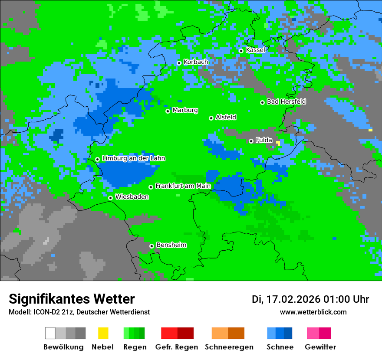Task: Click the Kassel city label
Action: click(255, 50)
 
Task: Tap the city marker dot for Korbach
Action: click(179, 63)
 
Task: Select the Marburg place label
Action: click(185, 110)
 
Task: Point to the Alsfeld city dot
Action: click(211, 118)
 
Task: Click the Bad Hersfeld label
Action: click(286, 101)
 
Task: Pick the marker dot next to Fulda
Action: click(251, 141)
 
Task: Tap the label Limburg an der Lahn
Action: click(133, 158)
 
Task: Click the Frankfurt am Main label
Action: click(183, 186)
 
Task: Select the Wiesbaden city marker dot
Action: click(110, 198)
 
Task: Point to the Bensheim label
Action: click(171, 245)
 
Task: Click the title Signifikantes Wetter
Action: click(72, 299)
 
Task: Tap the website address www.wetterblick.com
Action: click(313, 312)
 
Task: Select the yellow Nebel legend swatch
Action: click(103, 333)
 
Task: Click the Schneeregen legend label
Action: click(229, 347)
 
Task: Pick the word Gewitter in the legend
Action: click(320, 347)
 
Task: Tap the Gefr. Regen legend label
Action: click(177, 347)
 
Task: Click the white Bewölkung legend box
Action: click(50, 333)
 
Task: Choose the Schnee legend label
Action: click(280, 347)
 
